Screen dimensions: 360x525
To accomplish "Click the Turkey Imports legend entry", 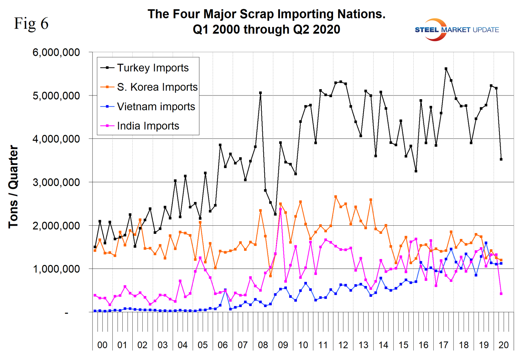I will click(x=152, y=68).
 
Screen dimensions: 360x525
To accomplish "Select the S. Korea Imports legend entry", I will click(x=157, y=87).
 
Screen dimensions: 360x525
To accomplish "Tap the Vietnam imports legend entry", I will click(x=156, y=107).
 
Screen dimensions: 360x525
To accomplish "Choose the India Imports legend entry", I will click(x=148, y=126).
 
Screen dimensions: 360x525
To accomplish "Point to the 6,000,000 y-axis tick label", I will click(x=56, y=52).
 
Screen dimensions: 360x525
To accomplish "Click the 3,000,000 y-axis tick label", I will click(x=56, y=182).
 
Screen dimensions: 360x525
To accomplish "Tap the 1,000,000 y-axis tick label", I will click(x=56, y=269).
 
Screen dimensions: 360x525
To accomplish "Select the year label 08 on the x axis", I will click(x=263, y=345).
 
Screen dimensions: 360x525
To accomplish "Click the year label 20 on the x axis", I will click(x=504, y=345).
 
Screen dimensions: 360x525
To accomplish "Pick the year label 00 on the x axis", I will click(x=102, y=345).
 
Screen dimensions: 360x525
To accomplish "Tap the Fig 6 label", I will click(x=31, y=23).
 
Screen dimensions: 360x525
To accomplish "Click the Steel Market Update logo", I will click(x=457, y=30).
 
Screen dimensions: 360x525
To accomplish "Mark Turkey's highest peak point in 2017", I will click(x=446, y=68).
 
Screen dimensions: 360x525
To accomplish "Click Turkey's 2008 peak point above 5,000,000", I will click(x=260, y=93).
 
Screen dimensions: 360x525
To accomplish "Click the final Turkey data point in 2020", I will click(x=501, y=159).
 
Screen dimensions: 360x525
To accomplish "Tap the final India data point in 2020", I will click(x=501, y=294).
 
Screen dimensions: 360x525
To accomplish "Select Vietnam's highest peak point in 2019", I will click(x=486, y=243).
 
